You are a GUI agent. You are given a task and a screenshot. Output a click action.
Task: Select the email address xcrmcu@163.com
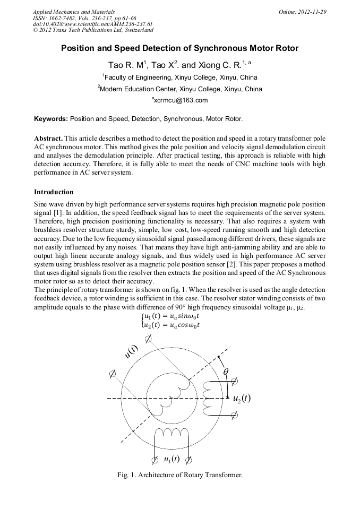tap(180, 100)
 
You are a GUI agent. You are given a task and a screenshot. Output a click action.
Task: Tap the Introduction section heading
tap(54, 192)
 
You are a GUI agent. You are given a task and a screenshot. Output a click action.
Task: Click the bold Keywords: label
tap(51, 119)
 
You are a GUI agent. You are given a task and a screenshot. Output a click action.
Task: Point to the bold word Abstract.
tap(49, 138)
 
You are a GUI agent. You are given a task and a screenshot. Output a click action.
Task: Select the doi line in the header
tap(92, 24)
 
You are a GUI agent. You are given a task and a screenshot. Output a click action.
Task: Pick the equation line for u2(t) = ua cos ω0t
tap(170, 325)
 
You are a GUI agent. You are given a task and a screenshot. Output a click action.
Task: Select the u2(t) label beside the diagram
tap(242, 398)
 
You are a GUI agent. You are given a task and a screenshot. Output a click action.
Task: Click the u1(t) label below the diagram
tap(171, 459)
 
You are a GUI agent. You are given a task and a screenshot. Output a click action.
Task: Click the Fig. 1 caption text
tap(179, 475)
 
